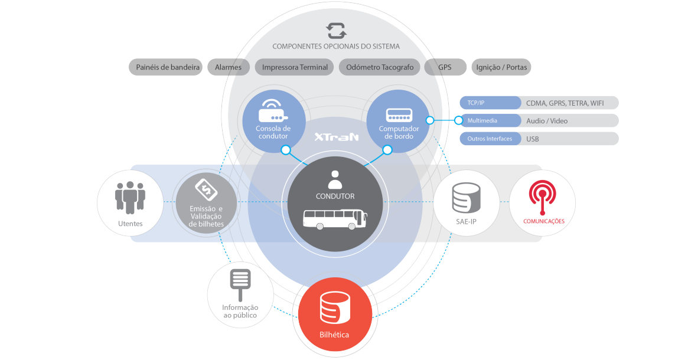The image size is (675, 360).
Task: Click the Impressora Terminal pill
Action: click(295, 67)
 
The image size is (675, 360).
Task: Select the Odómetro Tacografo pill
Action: click(379, 67)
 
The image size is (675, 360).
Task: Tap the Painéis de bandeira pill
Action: click(165, 67)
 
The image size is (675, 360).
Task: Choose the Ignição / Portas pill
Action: click(501, 67)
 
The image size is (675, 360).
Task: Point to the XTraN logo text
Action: click(336, 137)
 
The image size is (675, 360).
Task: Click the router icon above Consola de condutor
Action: click(273, 110)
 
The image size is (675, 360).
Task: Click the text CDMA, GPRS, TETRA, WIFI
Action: click(565, 103)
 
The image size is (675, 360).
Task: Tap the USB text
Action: click(533, 139)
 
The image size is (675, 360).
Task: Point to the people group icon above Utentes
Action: click(130, 197)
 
